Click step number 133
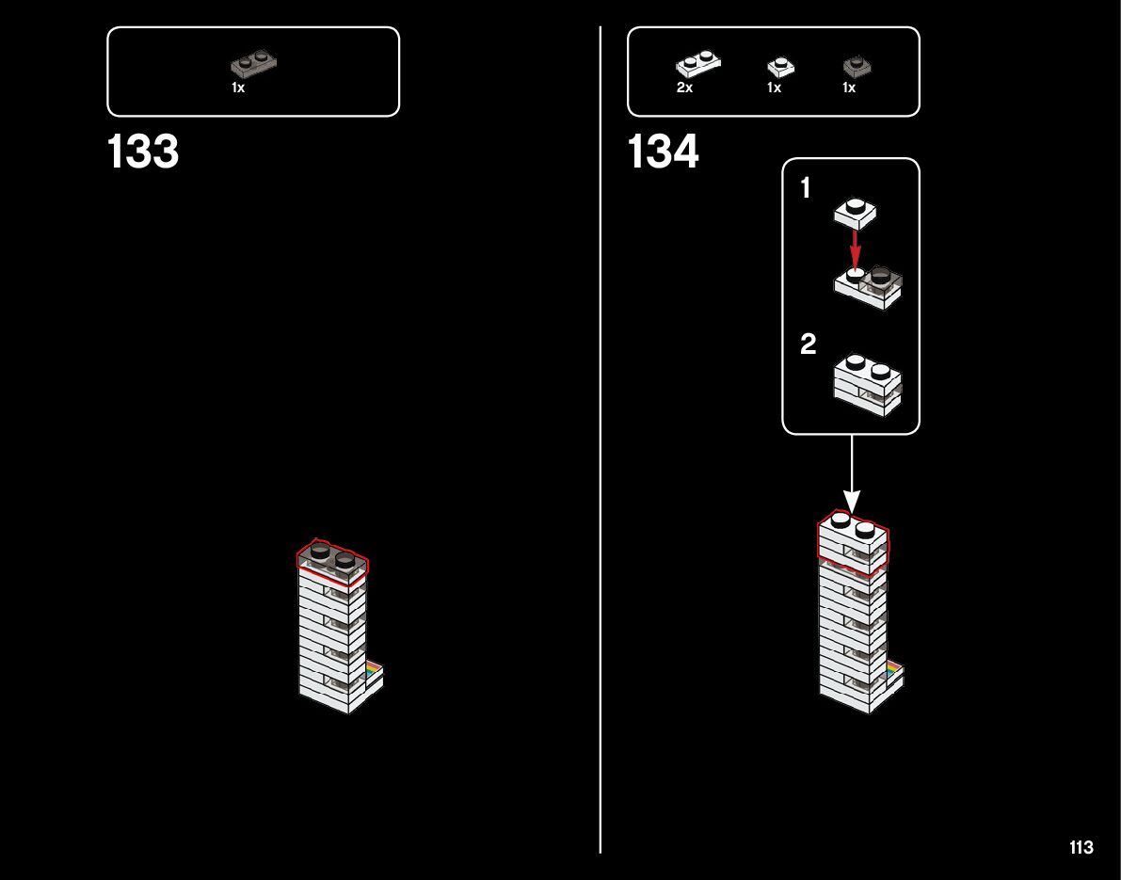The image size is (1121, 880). [x=143, y=152]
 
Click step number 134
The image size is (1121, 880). [x=663, y=152]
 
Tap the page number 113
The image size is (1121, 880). [x=1081, y=848]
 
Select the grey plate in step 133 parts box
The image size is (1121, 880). [x=254, y=64]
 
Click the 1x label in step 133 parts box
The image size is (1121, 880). [x=238, y=88]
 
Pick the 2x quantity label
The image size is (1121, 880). [x=684, y=88]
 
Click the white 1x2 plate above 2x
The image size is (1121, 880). [x=697, y=65]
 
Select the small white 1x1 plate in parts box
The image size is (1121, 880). [x=780, y=67]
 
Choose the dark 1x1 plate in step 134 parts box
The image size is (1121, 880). [x=857, y=66]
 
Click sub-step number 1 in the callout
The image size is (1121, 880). [x=805, y=189]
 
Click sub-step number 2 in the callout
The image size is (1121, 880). [x=808, y=344]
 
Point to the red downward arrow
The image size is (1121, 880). [x=855, y=249]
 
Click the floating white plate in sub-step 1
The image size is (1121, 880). [x=855, y=213]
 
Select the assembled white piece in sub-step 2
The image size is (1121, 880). [x=867, y=384]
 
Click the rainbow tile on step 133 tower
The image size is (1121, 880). [x=375, y=668]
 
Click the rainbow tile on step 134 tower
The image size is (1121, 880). [x=893, y=668]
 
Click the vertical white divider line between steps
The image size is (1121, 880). [x=601, y=471]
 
